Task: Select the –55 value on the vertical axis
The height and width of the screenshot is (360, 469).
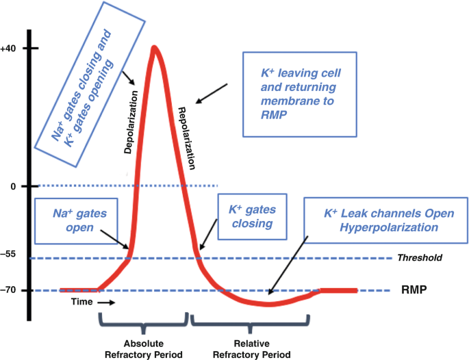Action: click(x=10, y=253)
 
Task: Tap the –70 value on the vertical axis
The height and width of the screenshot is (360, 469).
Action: click(x=10, y=290)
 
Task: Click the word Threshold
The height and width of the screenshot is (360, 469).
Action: click(x=418, y=258)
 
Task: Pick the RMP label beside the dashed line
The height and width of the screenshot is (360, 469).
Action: click(x=414, y=290)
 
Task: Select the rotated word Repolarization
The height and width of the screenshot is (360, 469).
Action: click(x=187, y=138)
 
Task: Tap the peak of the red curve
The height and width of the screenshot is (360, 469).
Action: click(x=155, y=48)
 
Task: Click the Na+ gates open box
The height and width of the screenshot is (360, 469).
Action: click(x=72, y=220)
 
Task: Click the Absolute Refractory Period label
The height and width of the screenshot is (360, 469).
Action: click(x=143, y=348)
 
